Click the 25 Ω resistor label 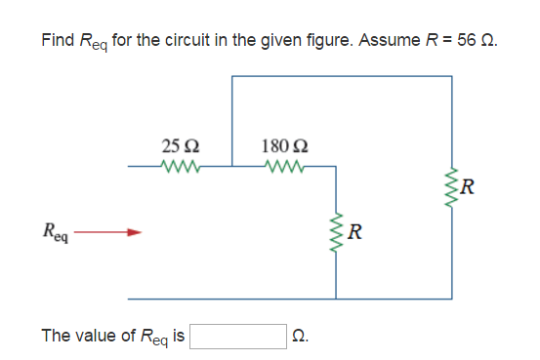click(x=180, y=147)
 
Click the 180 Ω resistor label click(x=281, y=147)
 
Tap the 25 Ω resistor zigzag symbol click(x=180, y=166)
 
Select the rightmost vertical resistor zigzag click(x=452, y=186)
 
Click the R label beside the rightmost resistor click(x=471, y=187)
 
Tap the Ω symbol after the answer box click(x=301, y=337)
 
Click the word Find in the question click(x=57, y=40)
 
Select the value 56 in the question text click(x=466, y=40)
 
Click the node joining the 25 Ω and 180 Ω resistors click(x=232, y=167)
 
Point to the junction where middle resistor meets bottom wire click(x=337, y=298)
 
